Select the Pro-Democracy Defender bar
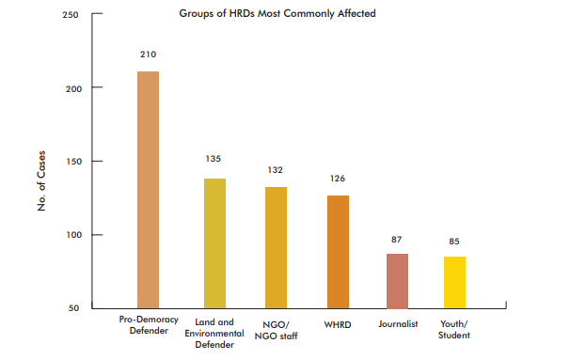(149, 188)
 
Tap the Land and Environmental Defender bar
(214, 243)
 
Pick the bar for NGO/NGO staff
(276, 246)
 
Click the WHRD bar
(338, 251)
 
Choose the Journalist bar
(397, 280)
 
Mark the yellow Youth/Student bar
(454, 282)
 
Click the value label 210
(149, 55)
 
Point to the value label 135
(214, 159)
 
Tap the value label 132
(276, 170)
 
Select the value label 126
(338, 179)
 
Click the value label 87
(397, 240)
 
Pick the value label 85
(454, 242)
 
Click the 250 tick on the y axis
(71, 15)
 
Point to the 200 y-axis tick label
(71, 88)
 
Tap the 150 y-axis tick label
(71, 162)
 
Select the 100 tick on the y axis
(71, 235)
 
